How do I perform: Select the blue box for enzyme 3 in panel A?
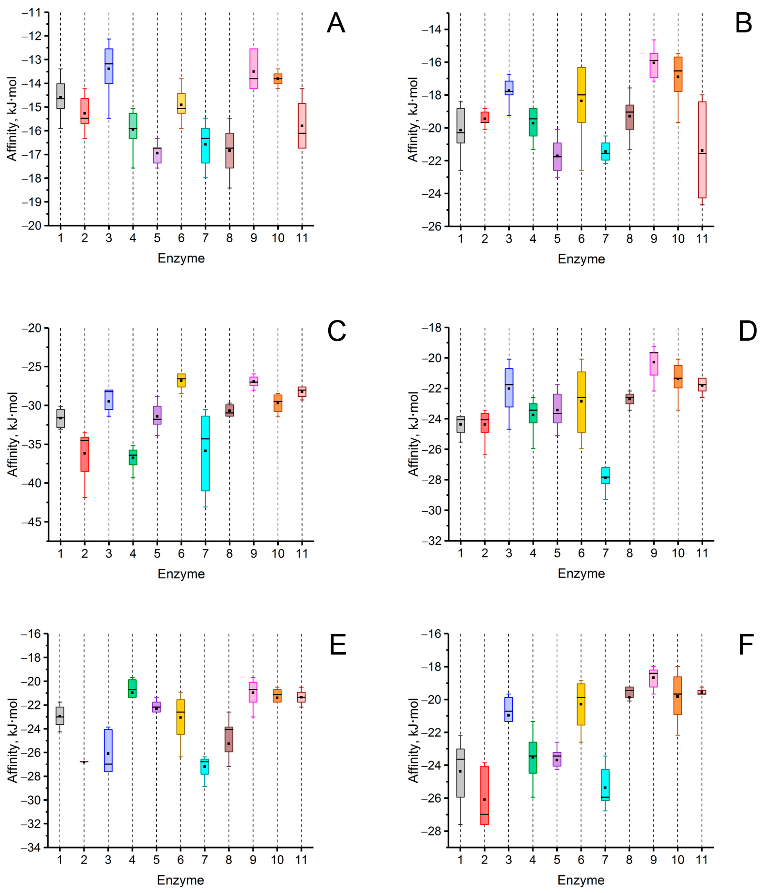(109, 66)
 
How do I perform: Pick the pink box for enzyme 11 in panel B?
(702, 150)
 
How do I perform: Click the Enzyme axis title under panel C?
(181, 574)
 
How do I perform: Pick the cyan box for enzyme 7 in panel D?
(606, 475)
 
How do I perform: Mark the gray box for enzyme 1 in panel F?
(460, 773)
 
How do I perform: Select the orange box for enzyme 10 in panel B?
(678, 74)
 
